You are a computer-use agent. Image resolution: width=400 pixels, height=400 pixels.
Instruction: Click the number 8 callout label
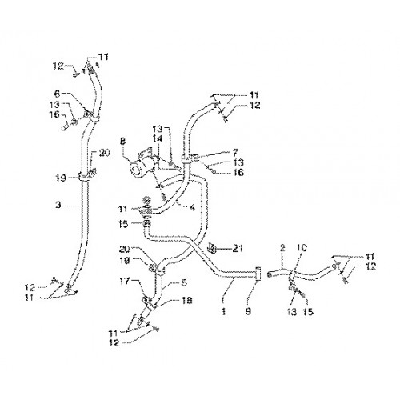(x=122, y=142)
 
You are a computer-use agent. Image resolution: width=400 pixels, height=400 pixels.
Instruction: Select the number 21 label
(x=237, y=249)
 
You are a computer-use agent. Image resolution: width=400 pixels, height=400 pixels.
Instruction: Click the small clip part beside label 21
(x=212, y=248)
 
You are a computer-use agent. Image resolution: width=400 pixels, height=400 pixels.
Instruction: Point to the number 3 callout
(x=58, y=205)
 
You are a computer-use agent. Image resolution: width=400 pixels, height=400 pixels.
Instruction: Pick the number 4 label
(x=193, y=207)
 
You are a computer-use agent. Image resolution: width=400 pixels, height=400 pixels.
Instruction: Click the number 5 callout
(x=184, y=282)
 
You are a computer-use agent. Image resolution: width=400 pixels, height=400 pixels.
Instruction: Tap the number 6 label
(x=57, y=94)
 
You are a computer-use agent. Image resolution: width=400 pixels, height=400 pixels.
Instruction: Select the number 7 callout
(x=235, y=153)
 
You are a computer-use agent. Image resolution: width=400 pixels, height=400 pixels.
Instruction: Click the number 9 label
(x=248, y=311)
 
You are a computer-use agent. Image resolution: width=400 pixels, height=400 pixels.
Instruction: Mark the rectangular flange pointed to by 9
(x=258, y=274)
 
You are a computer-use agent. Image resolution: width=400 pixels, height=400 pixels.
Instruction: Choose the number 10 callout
(x=302, y=248)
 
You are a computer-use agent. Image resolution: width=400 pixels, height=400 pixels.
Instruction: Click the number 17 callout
(x=124, y=281)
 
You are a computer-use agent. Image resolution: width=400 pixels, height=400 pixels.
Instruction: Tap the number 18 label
(x=186, y=301)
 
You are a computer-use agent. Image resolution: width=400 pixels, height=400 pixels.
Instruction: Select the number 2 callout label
(x=282, y=248)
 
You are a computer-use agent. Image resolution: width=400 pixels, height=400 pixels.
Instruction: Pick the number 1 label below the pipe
(x=224, y=311)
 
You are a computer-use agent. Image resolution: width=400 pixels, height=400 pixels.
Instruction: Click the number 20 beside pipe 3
(x=104, y=153)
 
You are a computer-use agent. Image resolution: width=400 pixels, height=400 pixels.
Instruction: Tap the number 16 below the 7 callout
(x=238, y=173)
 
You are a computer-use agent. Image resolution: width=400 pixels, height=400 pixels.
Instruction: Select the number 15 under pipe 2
(x=308, y=311)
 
